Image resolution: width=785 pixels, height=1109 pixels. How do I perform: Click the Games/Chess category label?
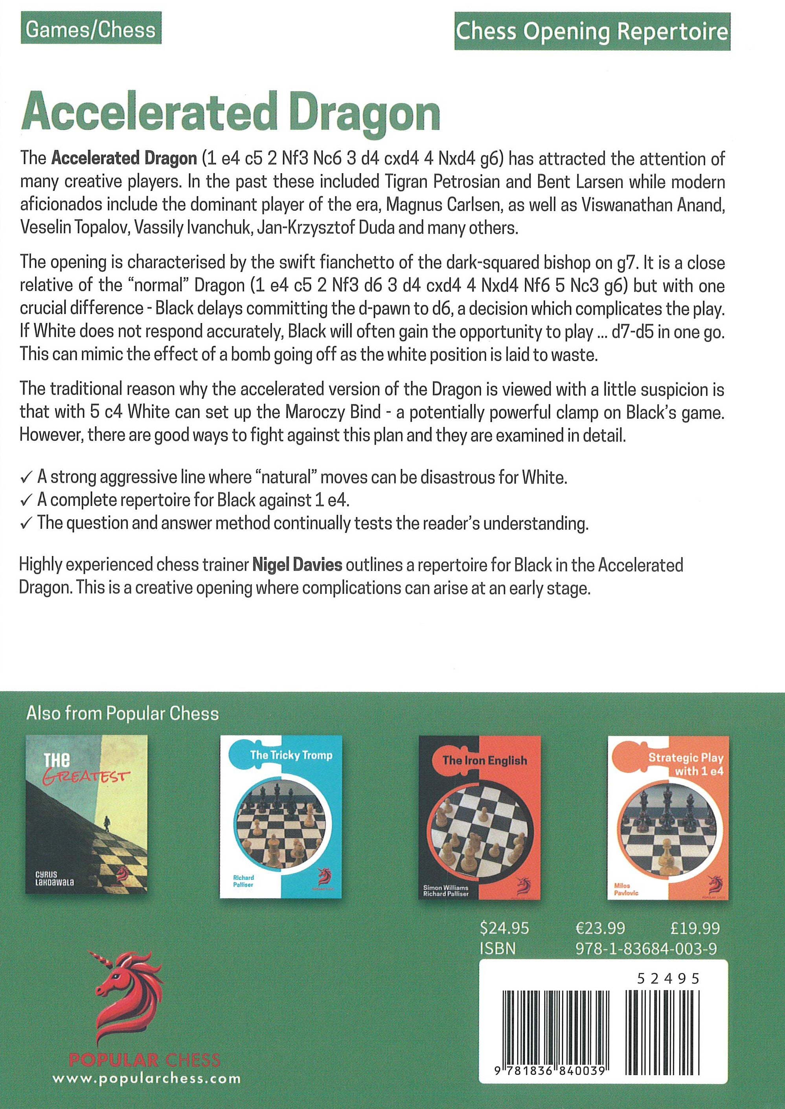[x=90, y=30]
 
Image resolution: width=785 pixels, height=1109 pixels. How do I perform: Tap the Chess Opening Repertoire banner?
[x=592, y=32]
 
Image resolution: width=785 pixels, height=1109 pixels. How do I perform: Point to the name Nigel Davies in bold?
[x=297, y=565]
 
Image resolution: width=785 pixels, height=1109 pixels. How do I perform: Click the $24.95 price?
[x=504, y=928]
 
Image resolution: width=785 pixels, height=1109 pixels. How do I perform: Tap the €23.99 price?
[x=600, y=928]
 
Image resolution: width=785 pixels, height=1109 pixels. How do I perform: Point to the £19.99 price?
[x=695, y=928]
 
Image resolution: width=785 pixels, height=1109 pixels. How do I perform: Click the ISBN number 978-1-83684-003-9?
[x=646, y=949]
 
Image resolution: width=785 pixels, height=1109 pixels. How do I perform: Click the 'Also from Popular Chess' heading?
[x=122, y=714]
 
